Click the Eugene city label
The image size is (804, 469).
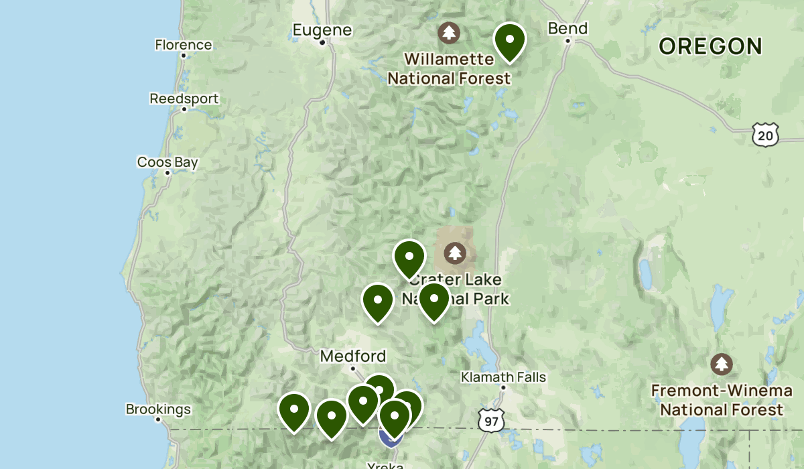322,29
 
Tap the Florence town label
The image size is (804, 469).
183,45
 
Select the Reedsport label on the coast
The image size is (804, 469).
184,98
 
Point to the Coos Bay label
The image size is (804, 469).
167,161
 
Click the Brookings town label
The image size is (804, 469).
158,409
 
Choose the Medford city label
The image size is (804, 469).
353,356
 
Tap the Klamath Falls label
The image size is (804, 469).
503,377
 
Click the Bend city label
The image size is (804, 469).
567,28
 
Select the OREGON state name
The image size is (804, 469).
710,46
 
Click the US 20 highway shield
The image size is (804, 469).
764,135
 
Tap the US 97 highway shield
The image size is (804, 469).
492,421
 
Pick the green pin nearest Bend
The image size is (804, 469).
510,40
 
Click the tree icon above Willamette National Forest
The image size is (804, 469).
448,31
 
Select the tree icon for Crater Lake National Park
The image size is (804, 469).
456,253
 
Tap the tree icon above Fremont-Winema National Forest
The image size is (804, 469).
722,364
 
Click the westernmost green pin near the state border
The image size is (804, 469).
294,410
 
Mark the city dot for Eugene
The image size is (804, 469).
322,43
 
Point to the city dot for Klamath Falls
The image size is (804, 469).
503,387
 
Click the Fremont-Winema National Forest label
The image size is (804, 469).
722,400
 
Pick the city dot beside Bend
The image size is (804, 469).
567,41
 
